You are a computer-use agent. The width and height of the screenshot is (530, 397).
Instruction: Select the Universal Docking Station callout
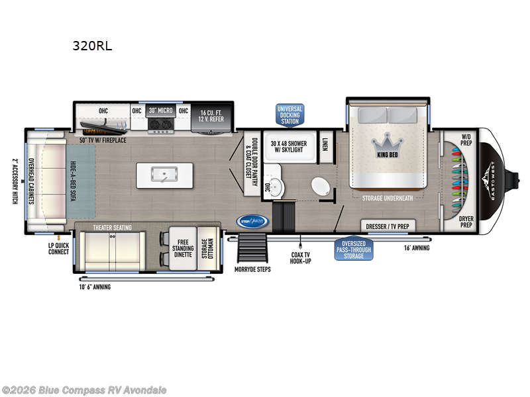(x=290, y=114)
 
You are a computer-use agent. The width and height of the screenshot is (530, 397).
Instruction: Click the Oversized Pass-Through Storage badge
(x=354, y=248)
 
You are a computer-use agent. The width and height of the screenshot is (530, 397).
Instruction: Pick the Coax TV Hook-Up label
(x=300, y=257)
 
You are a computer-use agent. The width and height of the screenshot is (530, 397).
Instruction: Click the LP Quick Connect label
(x=59, y=248)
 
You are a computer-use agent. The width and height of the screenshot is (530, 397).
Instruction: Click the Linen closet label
(x=325, y=144)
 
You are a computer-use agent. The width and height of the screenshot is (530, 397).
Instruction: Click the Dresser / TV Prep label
(x=388, y=226)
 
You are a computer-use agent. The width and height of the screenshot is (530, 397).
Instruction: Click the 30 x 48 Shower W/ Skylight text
(x=289, y=147)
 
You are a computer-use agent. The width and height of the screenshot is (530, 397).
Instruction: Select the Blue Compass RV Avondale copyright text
(x=84, y=390)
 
